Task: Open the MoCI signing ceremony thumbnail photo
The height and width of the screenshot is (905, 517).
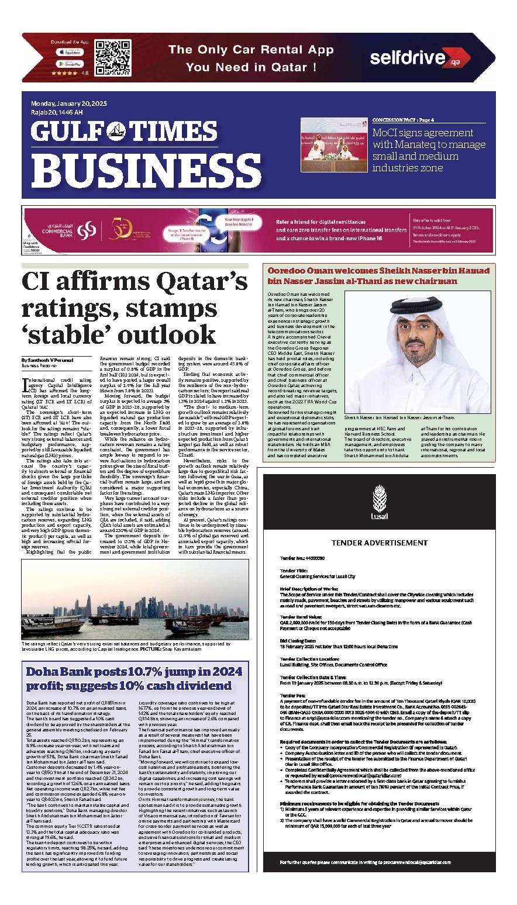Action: coord(333,145)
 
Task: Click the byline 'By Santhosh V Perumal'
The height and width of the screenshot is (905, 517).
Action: coord(47,360)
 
